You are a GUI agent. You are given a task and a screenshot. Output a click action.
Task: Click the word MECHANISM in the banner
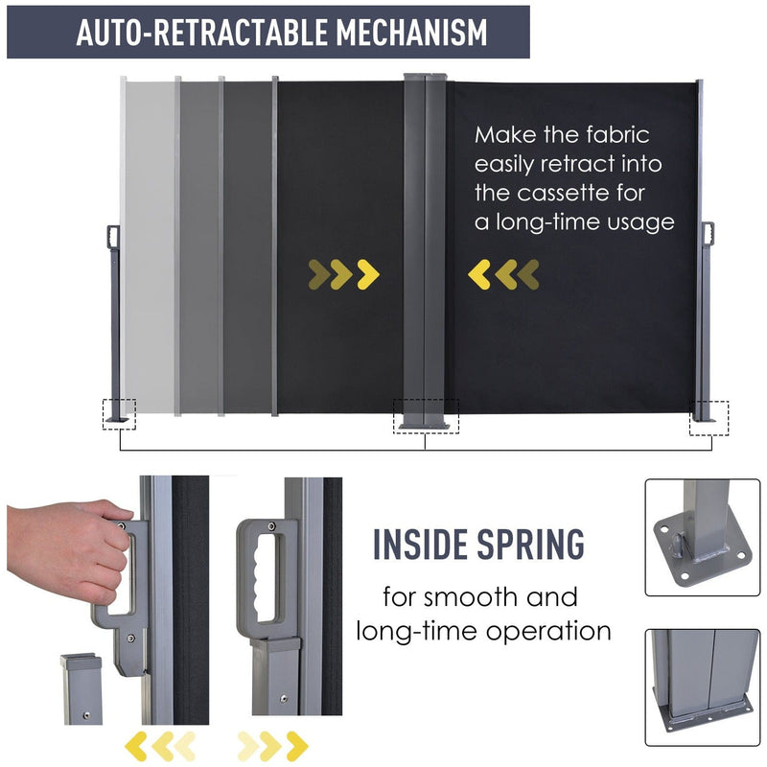click(411, 33)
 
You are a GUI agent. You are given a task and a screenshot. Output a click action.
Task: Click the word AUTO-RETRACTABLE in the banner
click(201, 33)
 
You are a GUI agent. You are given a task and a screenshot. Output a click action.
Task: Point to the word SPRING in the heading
click(531, 544)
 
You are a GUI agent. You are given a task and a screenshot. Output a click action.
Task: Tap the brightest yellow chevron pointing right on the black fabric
click(368, 274)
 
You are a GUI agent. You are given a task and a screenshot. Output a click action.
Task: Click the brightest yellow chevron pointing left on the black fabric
click(479, 274)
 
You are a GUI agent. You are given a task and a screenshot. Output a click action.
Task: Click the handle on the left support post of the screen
click(113, 237)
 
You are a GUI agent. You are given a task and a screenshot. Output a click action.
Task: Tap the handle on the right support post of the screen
click(708, 234)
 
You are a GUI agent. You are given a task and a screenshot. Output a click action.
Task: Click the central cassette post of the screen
click(425, 249)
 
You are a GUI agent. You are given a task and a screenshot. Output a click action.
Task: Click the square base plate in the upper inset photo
click(703, 550)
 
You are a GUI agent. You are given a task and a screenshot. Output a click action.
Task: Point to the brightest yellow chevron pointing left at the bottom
click(136, 747)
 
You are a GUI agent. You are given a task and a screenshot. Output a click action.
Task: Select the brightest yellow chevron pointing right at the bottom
click(297, 747)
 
